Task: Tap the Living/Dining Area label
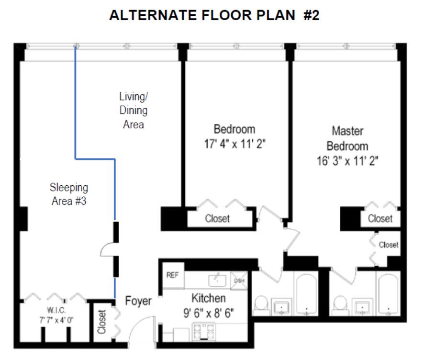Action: pyautogui.click(x=134, y=111)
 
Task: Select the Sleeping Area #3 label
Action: pyautogui.click(x=69, y=194)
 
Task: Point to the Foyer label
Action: pyautogui.click(x=138, y=301)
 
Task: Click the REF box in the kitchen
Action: pyautogui.click(x=172, y=275)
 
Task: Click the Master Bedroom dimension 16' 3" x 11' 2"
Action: pyautogui.click(x=348, y=161)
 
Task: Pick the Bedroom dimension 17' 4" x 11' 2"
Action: pyautogui.click(x=234, y=144)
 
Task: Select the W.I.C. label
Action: pyautogui.click(x=56, y=309)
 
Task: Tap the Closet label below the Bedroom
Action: pyautogui.click(x=217, y=219)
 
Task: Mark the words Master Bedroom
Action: pyautogui.click(x=348, y=138)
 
